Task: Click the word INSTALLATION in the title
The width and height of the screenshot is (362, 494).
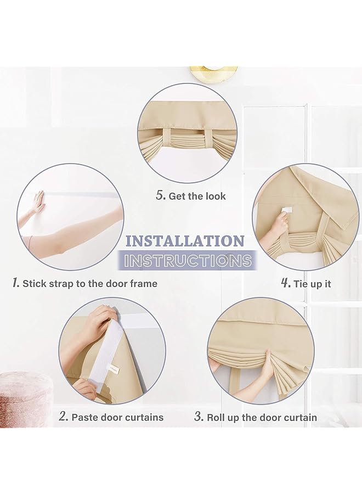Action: [x=184, y=241]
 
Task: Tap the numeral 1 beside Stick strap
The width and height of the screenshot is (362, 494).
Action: [x=16, y=283]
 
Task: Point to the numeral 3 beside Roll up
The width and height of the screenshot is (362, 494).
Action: [x=199, y=417]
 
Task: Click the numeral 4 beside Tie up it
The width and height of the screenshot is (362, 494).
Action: [x=285, y=283]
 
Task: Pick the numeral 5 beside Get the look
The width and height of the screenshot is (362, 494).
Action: [x=160, y=195]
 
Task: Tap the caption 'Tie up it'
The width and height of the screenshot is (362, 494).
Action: [x=313, y=284]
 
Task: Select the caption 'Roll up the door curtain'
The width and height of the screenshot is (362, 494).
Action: [x=262, y=418]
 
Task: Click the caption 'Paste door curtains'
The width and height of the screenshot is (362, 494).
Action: [x=117, y=417]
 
